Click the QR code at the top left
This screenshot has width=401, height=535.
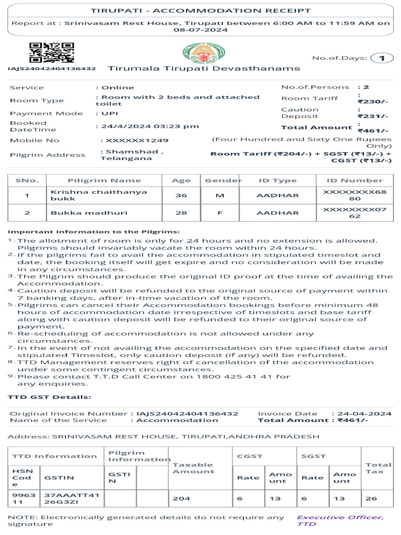[x=51, y=53]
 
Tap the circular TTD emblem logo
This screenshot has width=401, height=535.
[x=204, y=53]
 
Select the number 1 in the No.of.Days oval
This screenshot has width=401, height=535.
[x=382, y=58]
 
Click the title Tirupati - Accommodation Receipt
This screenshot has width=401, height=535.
[x=200, y=10]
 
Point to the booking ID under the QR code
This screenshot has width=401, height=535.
[x=52, y=68]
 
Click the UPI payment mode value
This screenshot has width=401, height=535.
[x=110, y=113]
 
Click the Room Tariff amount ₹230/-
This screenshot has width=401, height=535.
[x=373, y=102]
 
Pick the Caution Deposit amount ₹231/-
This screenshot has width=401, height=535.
[x=373, y=117]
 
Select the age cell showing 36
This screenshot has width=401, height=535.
[x=181, y=195]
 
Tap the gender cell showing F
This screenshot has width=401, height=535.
[x=220, y=213]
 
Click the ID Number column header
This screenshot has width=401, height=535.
[x=355, y=180]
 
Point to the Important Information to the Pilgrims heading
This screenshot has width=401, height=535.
[x=94, y=231]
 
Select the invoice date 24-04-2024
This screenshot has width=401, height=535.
[x=364, y=413]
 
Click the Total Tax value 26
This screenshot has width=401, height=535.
[x=371, y=498]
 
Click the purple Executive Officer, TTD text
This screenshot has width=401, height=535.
[x=340, y=520]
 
